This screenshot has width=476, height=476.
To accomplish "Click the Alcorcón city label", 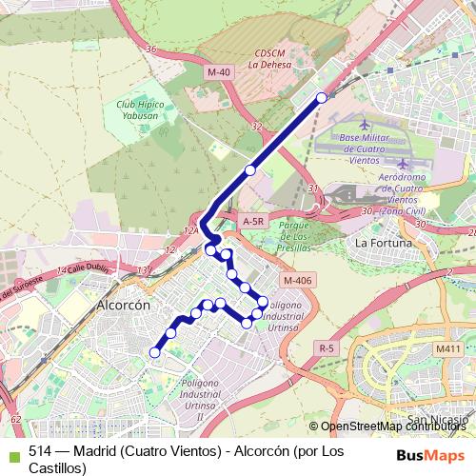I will click(x=124, y=306).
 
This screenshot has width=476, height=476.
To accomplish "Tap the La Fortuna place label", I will click(x=384, y=243).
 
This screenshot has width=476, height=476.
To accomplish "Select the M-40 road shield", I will click(x=218, y=71).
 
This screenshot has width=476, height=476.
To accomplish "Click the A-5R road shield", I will click(x=252, y=221).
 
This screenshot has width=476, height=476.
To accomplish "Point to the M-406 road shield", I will click(x=296, y=280).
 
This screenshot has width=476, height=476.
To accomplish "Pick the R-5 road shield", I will click(x=327, y=348).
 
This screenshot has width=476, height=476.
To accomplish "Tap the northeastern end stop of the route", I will click(x=322, y=97).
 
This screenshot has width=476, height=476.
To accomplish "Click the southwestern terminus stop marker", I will click(x=154, y=352).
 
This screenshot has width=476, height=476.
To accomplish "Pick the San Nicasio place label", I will click(x=437, y=419).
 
